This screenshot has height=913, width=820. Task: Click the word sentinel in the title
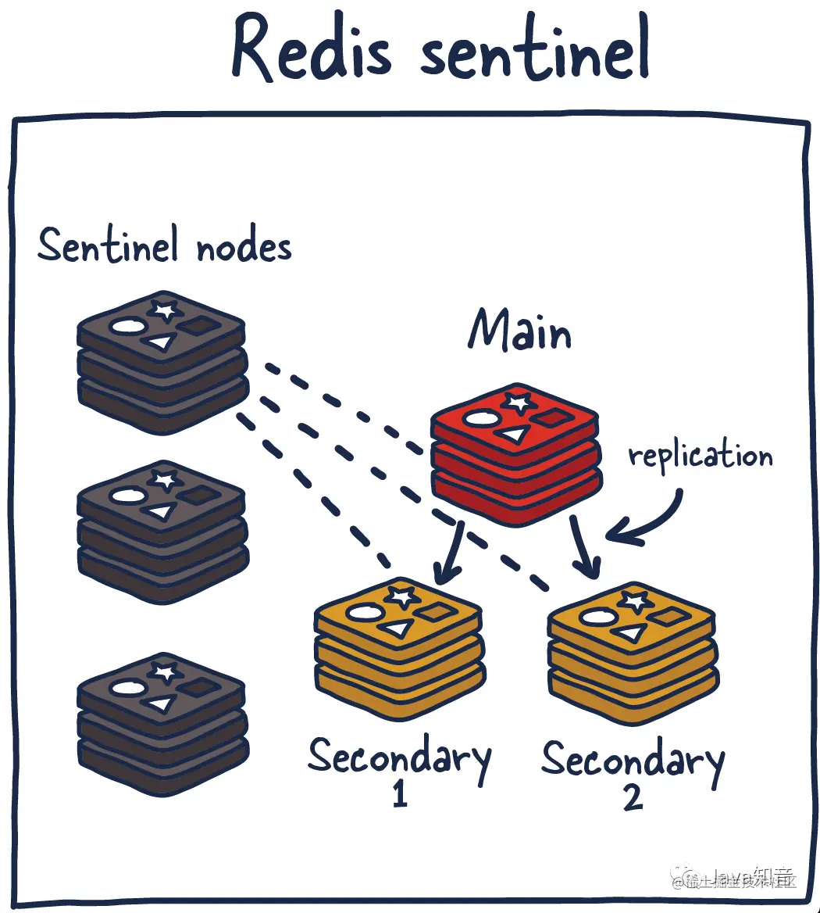click(x=535, y=51)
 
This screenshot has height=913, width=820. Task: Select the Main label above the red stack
click(x=519, y=330)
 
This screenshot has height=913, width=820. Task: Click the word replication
click(x=701, y=456)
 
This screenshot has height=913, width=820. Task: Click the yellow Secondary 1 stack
click(x=399, y=649)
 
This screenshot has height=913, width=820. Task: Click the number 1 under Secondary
click(x=400, y=793)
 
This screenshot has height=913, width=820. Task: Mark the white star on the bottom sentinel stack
click(x=166, y=671)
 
